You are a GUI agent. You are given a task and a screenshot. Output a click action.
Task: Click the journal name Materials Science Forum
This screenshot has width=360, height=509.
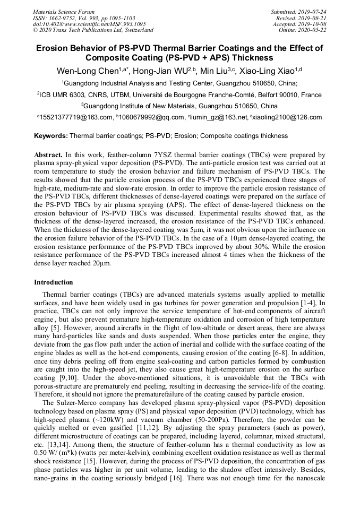point(64,12)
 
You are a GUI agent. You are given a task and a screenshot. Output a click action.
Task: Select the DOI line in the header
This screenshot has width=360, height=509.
point(89,24)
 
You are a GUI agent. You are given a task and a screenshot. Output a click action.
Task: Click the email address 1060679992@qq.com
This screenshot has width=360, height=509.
point(147,117)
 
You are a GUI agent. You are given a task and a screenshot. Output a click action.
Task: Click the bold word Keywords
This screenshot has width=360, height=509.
point(51,136)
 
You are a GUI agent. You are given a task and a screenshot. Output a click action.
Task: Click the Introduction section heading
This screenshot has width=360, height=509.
point(54,282)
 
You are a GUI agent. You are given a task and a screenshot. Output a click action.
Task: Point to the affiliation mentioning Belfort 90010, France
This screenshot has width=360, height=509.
point(179,94)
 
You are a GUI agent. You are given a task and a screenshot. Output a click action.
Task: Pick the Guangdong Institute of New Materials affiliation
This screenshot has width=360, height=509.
point(179,106)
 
